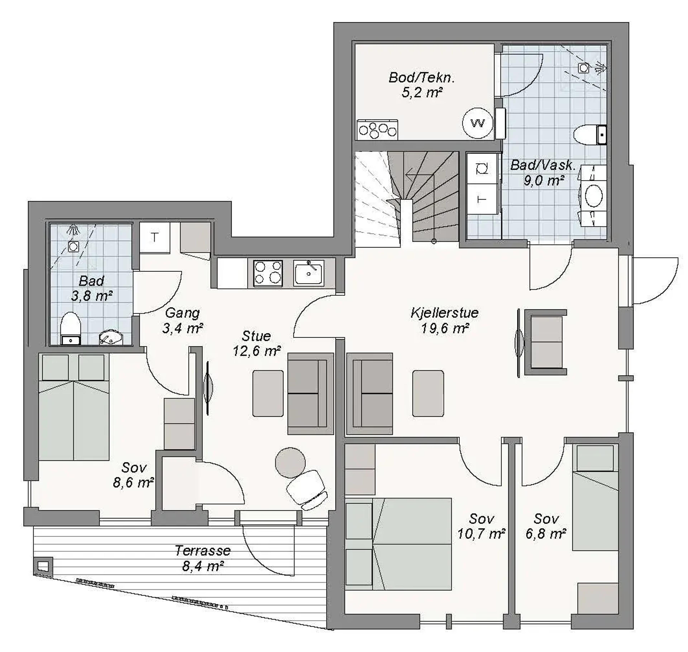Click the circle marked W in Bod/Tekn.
point(478,123)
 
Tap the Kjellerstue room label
point(445,313)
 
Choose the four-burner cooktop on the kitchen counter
point(268,273)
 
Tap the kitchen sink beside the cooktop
point(309,273)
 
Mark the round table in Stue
point(290,463)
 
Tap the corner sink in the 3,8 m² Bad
point(111,337)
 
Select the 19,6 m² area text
point(445,328)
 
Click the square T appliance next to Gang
point(154,238)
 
